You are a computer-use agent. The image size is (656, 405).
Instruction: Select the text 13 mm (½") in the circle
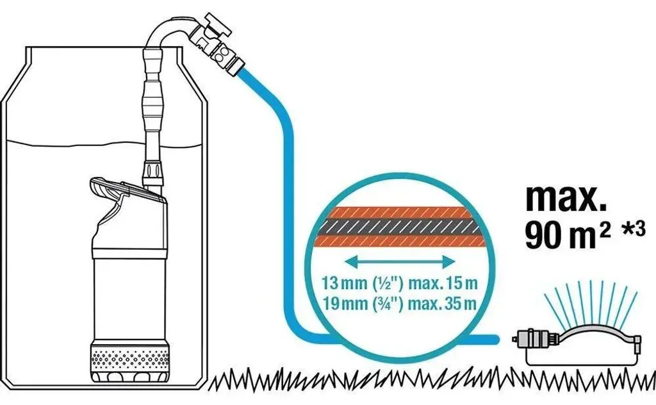(x=363, y=284)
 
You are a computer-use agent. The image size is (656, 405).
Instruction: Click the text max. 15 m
(x=443, y=284)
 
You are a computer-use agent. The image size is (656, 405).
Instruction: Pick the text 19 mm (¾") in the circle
(x=363, y=303)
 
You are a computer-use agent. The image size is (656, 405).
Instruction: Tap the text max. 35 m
(x=442, y=303)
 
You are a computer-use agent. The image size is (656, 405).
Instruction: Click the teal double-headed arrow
(x=400, y=262)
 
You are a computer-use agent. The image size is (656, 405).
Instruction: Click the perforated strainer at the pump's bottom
(x=130, y=357)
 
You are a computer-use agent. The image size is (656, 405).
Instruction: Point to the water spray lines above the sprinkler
(x=591, y=301)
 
